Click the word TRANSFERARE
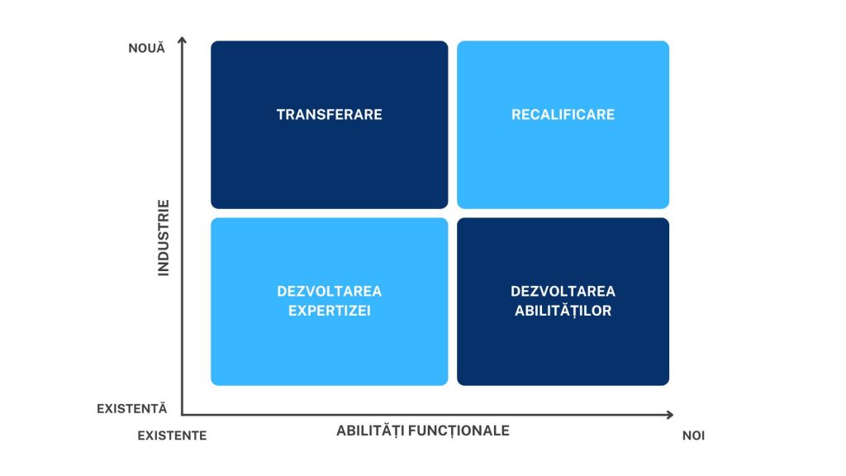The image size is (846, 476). tap(329, 115)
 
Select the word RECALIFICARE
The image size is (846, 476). tap(563, 115)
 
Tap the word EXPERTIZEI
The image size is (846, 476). tap(329, 311)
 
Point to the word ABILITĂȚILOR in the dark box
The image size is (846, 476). tap(563, 311)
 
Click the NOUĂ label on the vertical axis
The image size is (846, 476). tap(147, 48)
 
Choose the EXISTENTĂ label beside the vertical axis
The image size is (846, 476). tap(132, 408)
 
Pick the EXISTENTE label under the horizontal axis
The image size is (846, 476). tap(172, 435)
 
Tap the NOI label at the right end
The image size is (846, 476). tap(693, 435)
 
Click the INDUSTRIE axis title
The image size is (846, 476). tap(163, 237)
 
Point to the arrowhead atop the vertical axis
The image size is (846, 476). tap(183, 40)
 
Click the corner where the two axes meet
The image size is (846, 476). tap(183, 414)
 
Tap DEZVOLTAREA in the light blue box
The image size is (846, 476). tap(329, 292)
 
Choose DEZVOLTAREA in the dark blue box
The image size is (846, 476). tap(563, 292)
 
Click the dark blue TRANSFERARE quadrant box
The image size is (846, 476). tap(329, 165)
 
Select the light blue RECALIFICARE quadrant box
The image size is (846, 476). tap(563, 165)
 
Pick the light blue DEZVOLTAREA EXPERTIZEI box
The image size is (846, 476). tap(329, 355)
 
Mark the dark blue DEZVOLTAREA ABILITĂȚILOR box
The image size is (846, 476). tap(563, 355)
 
